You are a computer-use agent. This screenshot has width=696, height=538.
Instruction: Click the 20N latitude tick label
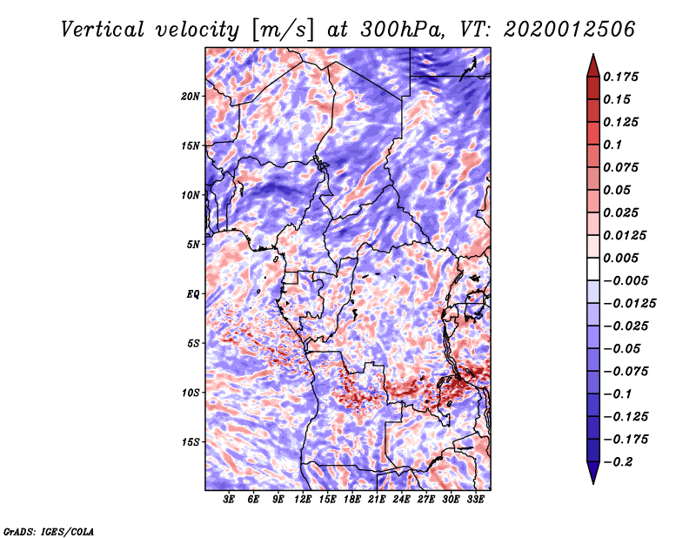[x=190, y=96]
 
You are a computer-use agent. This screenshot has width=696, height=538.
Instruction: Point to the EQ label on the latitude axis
[x=193, y=294]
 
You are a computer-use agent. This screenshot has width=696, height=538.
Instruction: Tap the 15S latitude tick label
[x=190, y=442]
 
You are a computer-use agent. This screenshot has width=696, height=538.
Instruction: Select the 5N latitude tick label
[x=193, y=245]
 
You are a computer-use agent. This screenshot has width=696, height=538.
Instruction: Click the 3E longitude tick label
[x=230, y=500]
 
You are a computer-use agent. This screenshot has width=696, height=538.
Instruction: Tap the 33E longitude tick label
[x=476, y=500]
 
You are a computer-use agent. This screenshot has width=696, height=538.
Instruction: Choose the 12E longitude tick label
[x=304, y=500]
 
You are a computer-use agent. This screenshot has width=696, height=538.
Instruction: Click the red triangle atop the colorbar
[x=592, y=64]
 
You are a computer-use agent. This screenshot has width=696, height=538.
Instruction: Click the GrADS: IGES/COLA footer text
[x=48, y=530]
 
